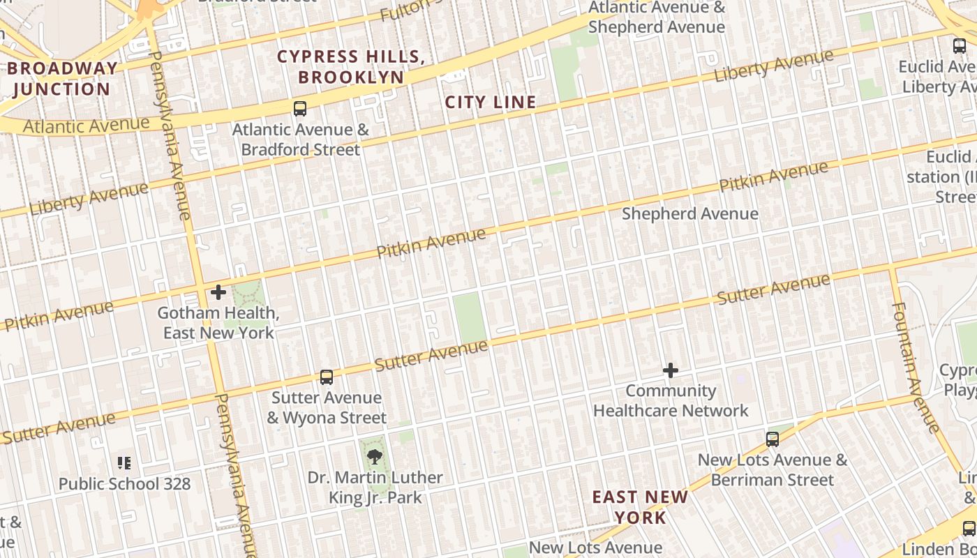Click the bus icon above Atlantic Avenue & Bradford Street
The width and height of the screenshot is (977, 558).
click(x=300, y=109)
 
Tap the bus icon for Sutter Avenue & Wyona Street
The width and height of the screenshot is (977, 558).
click(x=326, y=377)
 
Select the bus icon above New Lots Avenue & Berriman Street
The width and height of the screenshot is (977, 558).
click(x=772, y=439)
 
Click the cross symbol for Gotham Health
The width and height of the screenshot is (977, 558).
click(x=218, y=292)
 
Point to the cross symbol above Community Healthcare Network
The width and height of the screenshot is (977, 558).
click(x=671, y=370)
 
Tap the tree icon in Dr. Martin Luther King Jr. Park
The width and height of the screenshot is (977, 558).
click(x=375, y=458)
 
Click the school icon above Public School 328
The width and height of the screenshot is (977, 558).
click(x=124, y=462)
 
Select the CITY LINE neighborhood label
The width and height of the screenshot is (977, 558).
click(x=491, y=103)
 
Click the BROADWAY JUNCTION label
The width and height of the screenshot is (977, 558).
click(x=62, y=79)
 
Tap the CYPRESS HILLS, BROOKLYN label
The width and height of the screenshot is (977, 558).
click(x=351, y=67)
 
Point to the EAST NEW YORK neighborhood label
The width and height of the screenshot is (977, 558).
click(x=640, y=507)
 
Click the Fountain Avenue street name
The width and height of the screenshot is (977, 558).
click(x=916, y=366)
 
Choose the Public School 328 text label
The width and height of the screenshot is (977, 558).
click(x=124, y=483)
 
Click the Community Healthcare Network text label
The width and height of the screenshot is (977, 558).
click(x=671, y=401)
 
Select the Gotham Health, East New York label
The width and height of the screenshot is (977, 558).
click(x=218, y=323)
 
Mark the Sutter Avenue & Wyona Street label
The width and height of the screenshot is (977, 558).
click(x=327, y=408)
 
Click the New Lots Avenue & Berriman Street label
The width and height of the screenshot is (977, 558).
click(x=773, y=470)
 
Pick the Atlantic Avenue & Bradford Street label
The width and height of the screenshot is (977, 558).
click(x=300, y=139)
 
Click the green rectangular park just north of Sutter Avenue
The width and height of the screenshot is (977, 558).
click(x=469, y=317)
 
